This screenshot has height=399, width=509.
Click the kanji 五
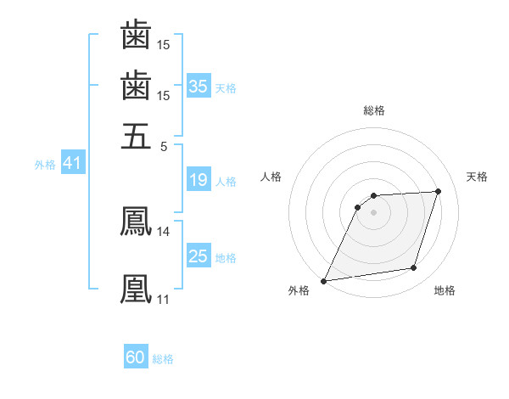tap(136, 135)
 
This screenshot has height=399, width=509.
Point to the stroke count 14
tap(163, 231)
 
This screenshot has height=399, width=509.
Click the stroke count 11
tap(163, 299)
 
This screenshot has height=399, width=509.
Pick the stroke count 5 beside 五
tap(164, 145)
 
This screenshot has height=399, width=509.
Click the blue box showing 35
tap(199, 87)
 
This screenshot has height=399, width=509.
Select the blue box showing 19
tap(199, 180)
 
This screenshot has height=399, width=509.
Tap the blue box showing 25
tap(199, 256)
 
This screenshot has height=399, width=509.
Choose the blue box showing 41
tap(72, 164)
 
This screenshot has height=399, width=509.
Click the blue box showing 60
tap(136, 358)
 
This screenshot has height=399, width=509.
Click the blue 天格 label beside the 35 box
tap(226, 88)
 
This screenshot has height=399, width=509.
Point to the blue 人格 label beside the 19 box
tap(226, 182)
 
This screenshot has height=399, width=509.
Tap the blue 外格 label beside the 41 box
tap(45, 165)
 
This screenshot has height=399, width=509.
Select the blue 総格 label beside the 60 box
tap(163, 360)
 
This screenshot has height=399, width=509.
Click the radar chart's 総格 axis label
tap(373, 110)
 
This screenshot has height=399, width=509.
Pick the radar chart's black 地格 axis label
tap(445, 291)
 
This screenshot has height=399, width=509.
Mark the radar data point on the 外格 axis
tap(323, 281)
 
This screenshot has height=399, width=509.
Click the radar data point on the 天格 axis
tap(439, 191)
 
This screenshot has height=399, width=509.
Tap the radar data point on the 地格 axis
tap(414, 268)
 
